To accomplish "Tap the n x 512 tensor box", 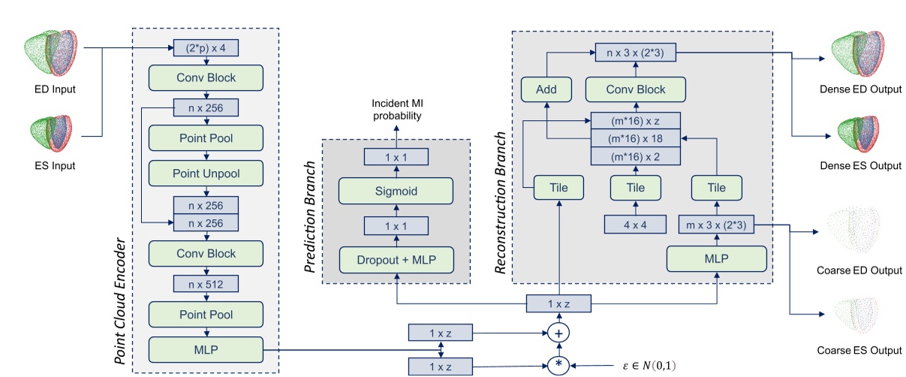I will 206,283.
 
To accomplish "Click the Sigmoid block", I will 396,190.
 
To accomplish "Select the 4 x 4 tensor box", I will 636,225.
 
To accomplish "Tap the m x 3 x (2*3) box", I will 717,225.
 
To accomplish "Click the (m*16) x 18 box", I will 637,138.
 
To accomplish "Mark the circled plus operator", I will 558,332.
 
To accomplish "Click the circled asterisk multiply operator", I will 558,366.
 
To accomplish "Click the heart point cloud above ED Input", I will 51,54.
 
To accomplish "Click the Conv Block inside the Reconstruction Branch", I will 636,89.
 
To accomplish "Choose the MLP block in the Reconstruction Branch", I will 717,259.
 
